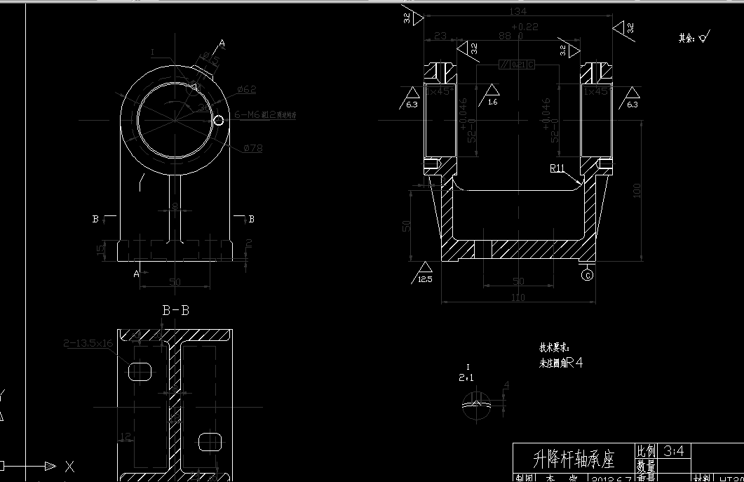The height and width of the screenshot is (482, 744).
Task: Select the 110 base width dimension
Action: point(518,297)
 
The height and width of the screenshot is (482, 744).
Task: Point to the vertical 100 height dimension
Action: point(637,191)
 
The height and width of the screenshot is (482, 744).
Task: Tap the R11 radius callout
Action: point(557,168)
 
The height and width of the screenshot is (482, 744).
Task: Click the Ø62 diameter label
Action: point(247,89)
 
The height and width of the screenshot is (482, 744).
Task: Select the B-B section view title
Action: point(175,310)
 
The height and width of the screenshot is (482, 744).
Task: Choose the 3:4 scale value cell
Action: point(675,450)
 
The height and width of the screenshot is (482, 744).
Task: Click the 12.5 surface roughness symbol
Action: point(424,273)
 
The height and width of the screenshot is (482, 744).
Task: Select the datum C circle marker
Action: point(588,275)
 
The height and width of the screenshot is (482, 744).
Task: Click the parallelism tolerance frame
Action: point(516,65)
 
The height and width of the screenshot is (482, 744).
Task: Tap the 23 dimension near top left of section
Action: point(440,36)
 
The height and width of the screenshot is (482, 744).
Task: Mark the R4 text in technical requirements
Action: point(575,363)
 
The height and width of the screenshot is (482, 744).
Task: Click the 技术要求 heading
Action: point(554,347)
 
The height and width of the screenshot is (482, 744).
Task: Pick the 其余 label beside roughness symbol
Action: point(686,38)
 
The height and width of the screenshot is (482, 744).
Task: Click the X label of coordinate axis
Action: point(69,466)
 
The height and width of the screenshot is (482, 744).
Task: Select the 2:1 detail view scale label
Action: point(466,377)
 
